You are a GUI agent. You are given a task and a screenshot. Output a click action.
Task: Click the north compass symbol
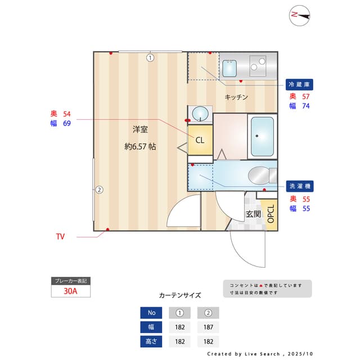click(x=300, y=15)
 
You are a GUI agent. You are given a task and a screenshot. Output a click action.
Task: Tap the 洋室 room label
click(x=140, y=129)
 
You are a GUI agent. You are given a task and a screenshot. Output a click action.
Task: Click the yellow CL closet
click(x=200, y=140)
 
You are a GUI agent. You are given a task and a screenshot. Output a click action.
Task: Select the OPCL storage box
click(x=271, y=214)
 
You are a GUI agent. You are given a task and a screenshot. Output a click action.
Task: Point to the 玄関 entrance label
click(x=253, y=214)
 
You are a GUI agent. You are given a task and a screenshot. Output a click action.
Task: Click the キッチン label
click(x=236, y=97)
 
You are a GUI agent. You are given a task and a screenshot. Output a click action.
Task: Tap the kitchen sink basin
click(x=229, y=68)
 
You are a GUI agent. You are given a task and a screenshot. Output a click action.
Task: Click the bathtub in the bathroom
click(x=262, y=136)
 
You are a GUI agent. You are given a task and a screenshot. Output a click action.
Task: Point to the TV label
click(x=60, y=236)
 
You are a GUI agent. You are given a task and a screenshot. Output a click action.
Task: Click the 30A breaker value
click(x=70, y=291)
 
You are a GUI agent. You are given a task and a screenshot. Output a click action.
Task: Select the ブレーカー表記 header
click(x=70, y=281)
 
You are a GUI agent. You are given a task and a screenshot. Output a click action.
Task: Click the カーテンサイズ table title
click(x=179, y=295)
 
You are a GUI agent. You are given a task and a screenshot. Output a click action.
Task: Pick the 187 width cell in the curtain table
click(x=208, y=327)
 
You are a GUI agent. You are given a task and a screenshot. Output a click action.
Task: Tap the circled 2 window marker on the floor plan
click(x=98, y=190)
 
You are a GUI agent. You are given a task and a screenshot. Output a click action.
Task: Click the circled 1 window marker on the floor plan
click(x=150, y=57)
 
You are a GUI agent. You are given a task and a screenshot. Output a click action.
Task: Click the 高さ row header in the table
click(x=151, y=341)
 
